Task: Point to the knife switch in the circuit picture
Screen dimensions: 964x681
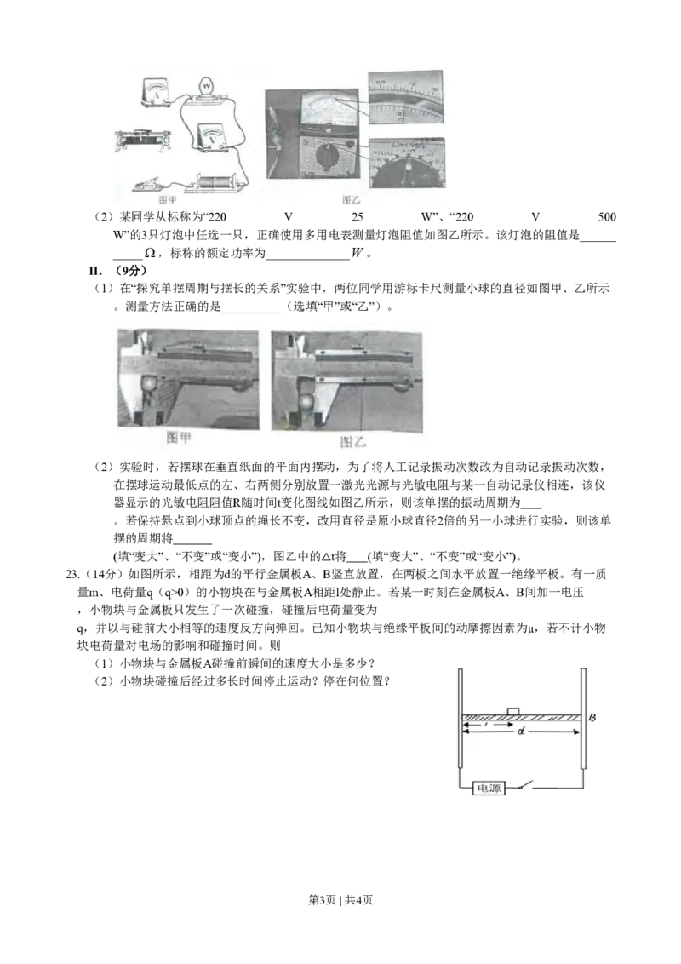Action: pyautogui.click(x=150, y=184)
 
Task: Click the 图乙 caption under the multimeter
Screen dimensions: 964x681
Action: pyautogui.click(x=351, y=198)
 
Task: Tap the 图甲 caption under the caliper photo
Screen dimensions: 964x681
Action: pyautogui.click(x=188, y=441)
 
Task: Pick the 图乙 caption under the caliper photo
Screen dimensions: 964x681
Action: pyautogui.click(x=352, y=441)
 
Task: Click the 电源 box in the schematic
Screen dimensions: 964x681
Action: pyautogui.click(x=489, y=789)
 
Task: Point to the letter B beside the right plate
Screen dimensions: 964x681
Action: pyautogui.click(x=593, y=719)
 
